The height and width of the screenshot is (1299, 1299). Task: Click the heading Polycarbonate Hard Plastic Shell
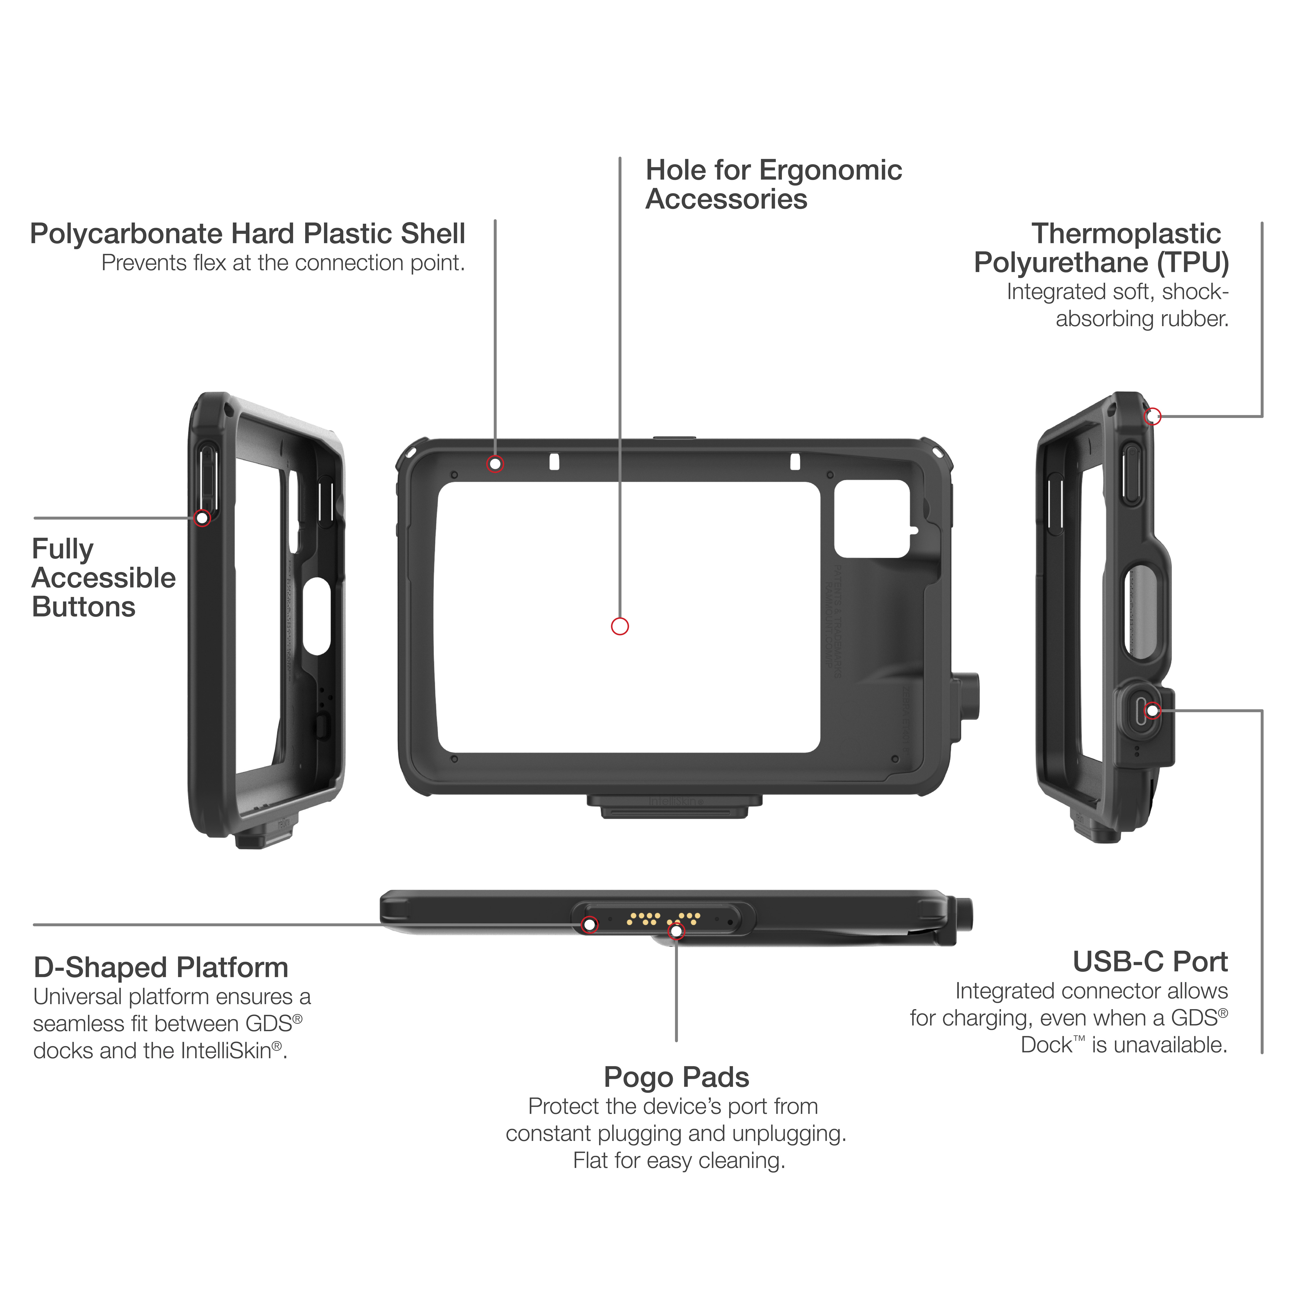coord(247,234)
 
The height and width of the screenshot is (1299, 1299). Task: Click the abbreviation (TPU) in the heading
coord(1193,263)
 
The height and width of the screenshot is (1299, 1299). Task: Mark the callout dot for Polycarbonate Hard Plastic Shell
coord(495,464)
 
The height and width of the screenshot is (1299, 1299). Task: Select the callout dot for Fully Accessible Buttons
coord(202,518)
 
